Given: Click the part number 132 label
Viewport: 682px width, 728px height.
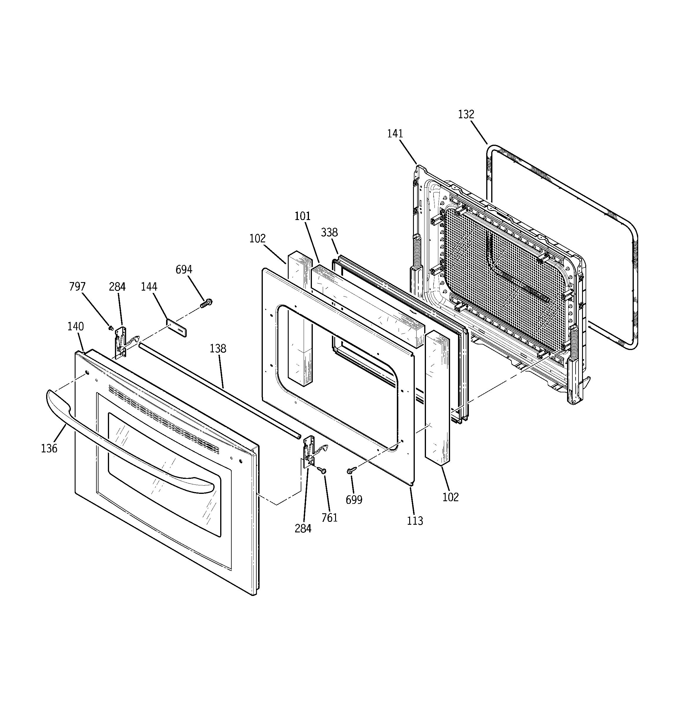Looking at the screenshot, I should click(466, 115).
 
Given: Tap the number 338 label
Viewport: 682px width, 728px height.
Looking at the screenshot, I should click(329, 233).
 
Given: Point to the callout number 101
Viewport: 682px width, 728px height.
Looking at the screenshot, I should click(302, 216).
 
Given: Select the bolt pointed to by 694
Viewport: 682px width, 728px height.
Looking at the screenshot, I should click(206, 303).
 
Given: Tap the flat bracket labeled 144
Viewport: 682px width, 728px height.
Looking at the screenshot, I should click(177, 328).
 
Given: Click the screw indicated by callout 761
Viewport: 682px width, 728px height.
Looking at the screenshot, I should click(322, 470).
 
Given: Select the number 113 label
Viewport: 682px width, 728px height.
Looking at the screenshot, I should click(415, 521).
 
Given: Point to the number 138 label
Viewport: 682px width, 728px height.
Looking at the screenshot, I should click(218, 349).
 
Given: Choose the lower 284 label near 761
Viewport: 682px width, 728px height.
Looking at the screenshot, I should click(303, 528).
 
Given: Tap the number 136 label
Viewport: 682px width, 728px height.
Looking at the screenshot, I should click(49, 448).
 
